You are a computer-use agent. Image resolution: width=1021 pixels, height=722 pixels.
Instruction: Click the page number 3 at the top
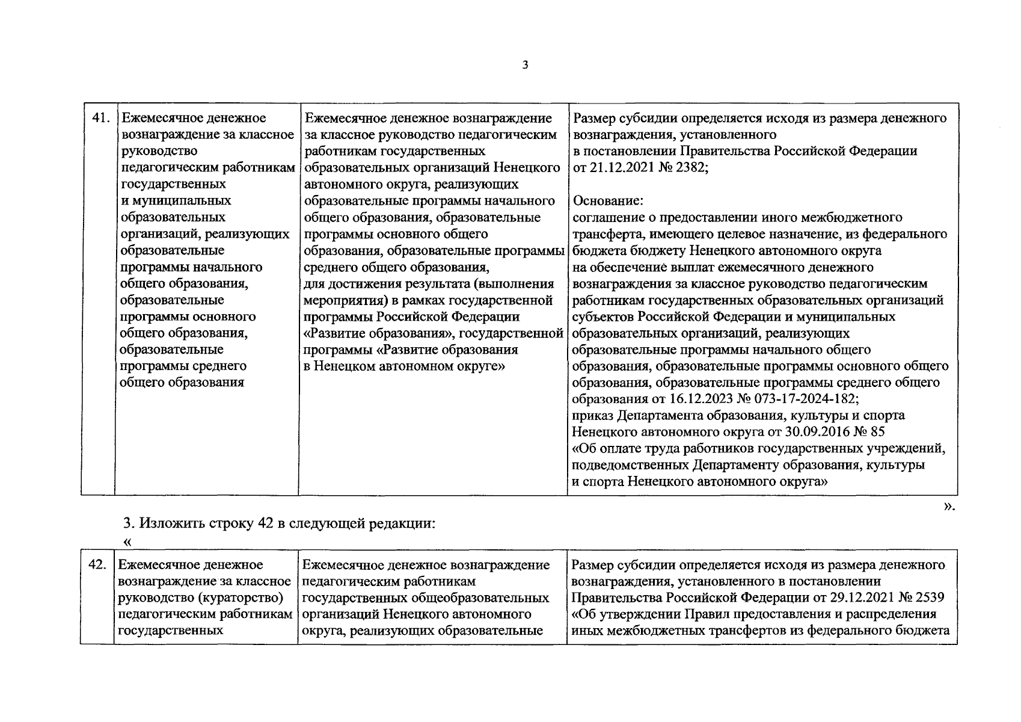[525, 65]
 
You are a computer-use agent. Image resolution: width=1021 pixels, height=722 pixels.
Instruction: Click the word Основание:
[609, 201]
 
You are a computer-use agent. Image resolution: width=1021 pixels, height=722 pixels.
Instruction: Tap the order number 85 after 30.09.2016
[878, 432]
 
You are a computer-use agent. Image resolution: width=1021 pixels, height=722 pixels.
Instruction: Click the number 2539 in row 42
[928, 598]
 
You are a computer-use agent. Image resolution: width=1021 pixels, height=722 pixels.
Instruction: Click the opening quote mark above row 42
[127, 542]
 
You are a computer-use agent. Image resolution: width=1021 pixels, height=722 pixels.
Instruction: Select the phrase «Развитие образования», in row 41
[379, 333]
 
